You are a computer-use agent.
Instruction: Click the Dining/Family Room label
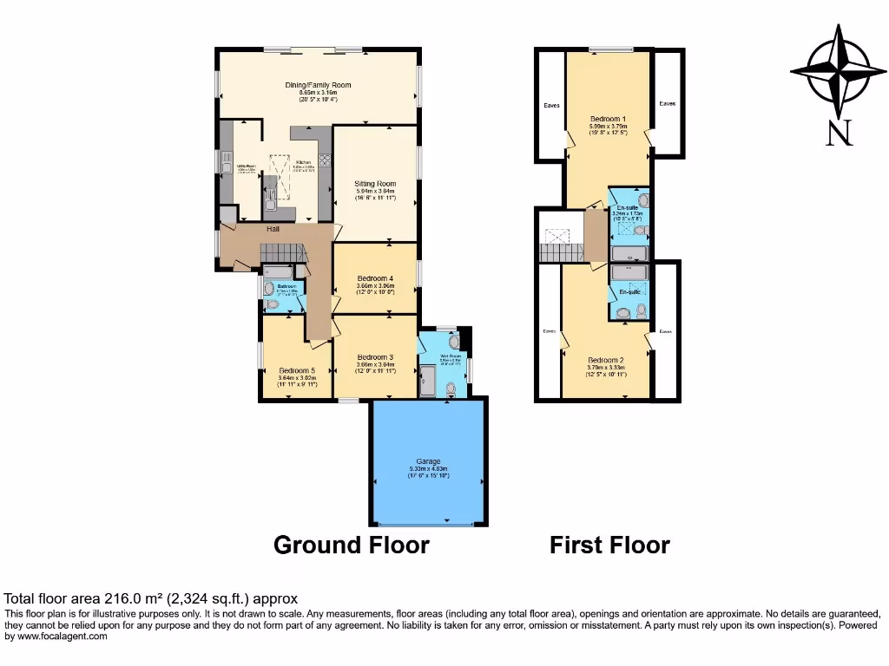318,85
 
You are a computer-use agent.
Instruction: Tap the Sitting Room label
375,184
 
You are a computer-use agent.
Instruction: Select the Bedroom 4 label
375,277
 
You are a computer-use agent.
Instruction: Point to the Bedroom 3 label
375,357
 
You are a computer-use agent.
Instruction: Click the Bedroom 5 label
296,370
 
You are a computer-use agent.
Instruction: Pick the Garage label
428,461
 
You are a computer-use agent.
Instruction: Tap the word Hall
273,229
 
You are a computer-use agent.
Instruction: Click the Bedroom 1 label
608,118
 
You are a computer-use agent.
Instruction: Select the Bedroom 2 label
606,360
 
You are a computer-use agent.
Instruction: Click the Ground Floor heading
351,545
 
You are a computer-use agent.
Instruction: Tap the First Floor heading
609,545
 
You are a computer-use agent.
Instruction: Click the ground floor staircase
286,252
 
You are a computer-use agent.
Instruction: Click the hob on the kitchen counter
325,160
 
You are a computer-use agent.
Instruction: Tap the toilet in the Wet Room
448,391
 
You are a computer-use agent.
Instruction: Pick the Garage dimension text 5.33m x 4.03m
428,469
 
